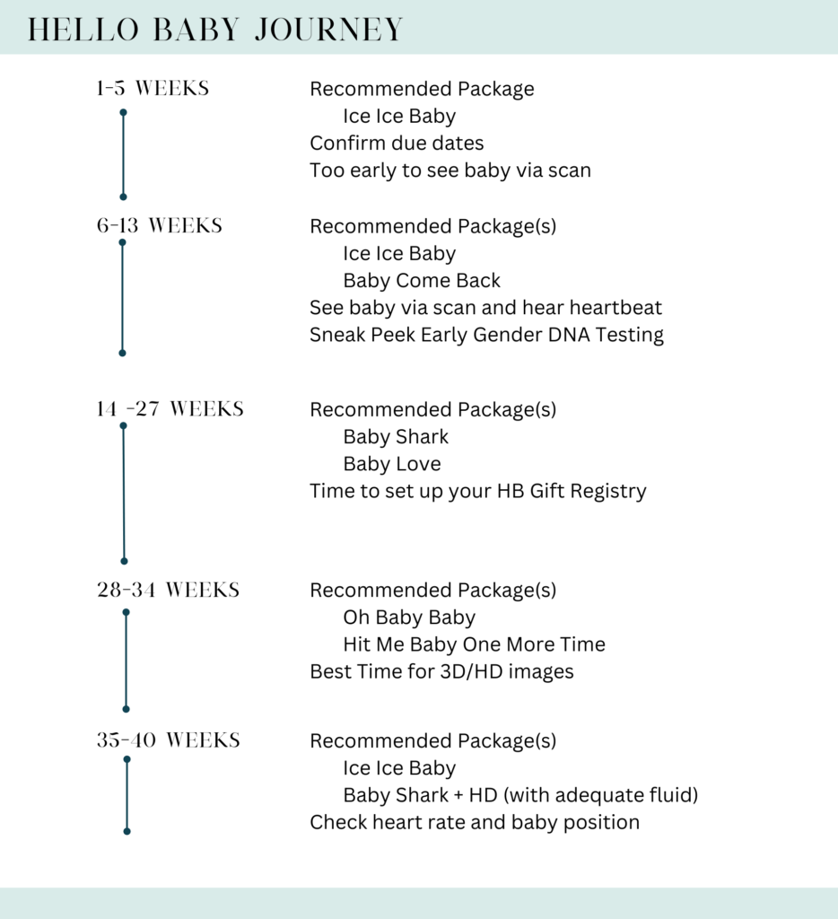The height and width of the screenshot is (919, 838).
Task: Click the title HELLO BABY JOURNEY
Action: point(215,29)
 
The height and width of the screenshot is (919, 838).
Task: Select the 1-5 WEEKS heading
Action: point(153,89)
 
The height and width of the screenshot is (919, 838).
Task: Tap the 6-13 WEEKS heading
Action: point(159,225)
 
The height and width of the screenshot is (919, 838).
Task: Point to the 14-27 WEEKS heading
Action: point(170,409)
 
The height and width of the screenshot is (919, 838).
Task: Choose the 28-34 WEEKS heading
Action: point(168,590)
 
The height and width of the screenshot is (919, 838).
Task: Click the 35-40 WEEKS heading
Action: point(168,740)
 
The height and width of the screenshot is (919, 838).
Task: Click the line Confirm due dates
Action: point(397,143)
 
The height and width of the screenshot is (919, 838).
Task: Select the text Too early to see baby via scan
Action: point(450,170)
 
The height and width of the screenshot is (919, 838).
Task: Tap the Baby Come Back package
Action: point(422,280)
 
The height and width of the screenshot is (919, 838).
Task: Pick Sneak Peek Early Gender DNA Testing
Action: point(486,335)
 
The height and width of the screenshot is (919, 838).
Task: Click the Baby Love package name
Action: point(392,464)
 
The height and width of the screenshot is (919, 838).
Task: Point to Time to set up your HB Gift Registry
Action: point(477,491)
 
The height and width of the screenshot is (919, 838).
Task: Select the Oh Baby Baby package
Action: point(409,617)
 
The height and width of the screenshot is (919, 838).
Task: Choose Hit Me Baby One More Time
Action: point(474,644)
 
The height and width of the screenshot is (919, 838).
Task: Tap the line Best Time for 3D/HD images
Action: point(441,671)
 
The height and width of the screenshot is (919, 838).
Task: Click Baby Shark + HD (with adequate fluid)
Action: point(520,795)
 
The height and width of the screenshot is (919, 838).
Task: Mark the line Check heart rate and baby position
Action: point(475,822)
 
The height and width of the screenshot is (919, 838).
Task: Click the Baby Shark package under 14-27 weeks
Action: point(396,437)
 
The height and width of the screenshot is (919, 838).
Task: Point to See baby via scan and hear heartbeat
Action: point(485,308)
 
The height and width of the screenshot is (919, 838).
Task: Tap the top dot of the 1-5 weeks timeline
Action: point(123,112)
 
